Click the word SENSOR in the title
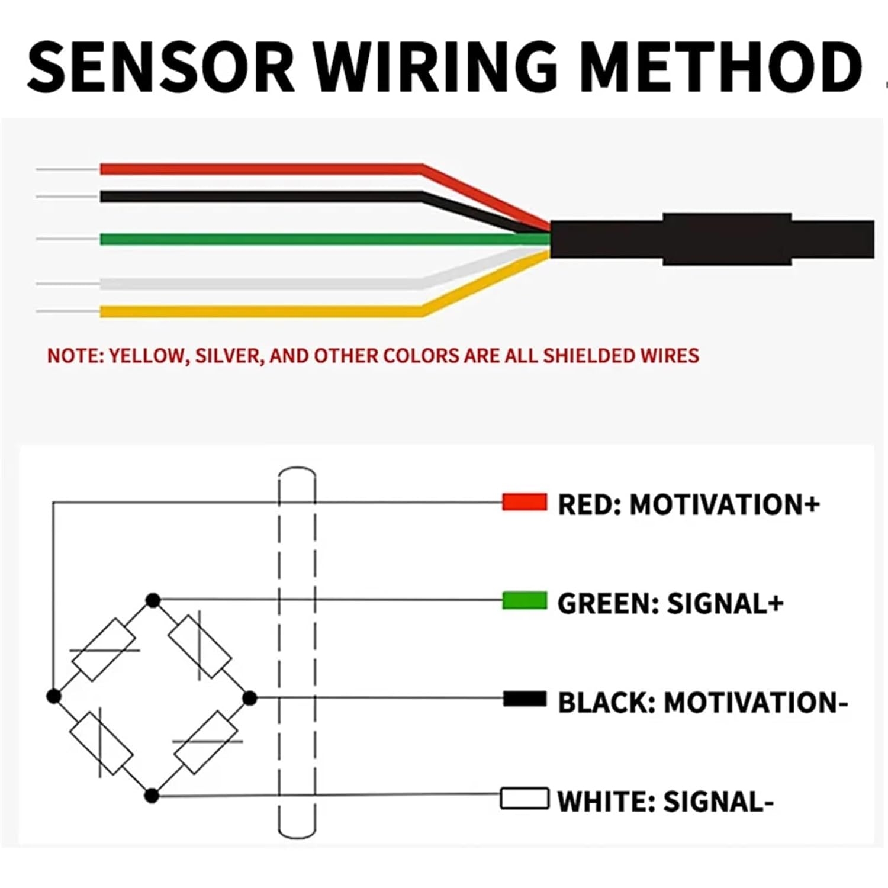coord(160,67)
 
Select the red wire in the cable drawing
coord(260,169)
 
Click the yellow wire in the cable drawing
coord(260,311)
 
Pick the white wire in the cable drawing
coord(260,284)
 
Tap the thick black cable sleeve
coord(710,239)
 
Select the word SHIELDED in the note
coord(588,356)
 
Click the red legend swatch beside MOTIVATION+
coord(524,502)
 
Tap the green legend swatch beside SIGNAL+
coord(524,601)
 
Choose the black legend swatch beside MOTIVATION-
coord(524,699)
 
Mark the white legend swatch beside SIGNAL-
coord(524,798)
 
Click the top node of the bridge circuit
coord(153,601)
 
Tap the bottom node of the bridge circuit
coord(152,796)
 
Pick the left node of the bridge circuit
coord(54,697)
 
